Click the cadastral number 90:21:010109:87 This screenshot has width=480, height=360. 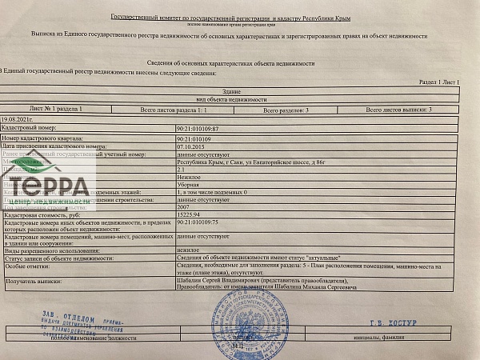197,128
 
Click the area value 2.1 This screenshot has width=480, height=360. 181,170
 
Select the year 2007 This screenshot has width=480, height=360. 184,207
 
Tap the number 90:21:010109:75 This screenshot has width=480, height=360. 197,224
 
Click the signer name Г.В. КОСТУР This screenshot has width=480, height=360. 390,323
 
